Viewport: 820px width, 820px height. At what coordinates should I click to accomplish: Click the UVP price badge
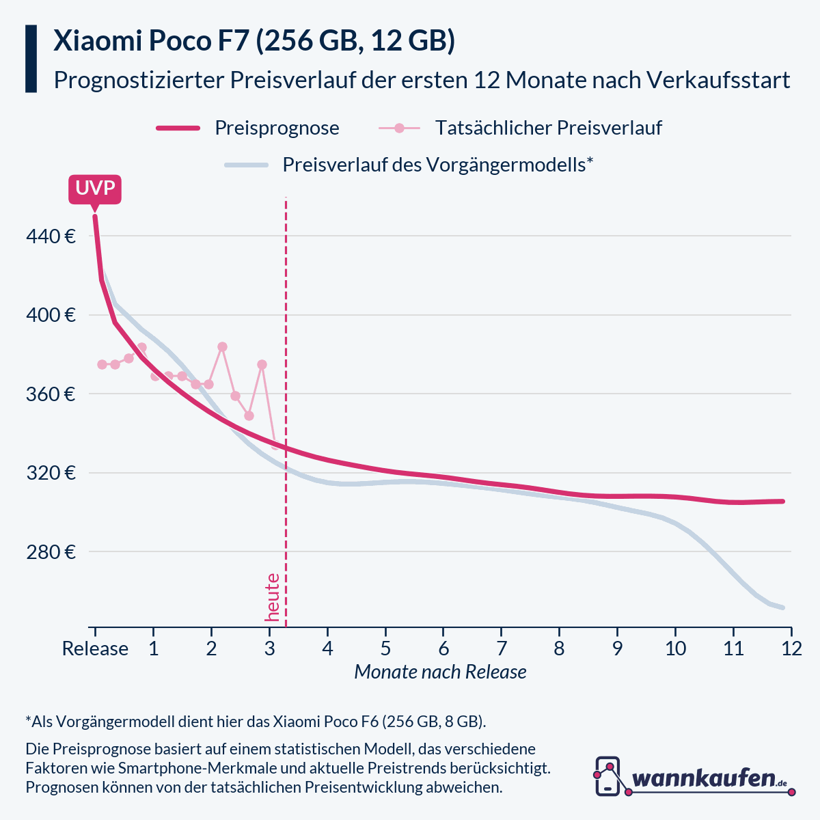click(x=95, y=188)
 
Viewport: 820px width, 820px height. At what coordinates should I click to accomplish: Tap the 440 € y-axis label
click(x=51, y=236)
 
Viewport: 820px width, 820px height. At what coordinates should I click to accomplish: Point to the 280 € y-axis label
click(x=51, y=551)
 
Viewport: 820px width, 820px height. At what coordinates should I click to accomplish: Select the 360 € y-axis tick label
click(x=51, y=394)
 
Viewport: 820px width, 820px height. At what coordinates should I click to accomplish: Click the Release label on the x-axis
click(x=95, y=648)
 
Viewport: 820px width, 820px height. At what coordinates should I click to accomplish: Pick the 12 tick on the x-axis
click(x=791, y=648)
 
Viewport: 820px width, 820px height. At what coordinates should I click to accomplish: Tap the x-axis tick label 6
click(x=443, y=648)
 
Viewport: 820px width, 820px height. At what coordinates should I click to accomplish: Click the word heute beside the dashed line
click(x=272, y=597)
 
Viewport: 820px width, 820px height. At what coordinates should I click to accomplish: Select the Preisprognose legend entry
click(x=277, y=128)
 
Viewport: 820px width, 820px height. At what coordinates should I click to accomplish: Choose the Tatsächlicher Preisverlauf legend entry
click(x=548, y=128)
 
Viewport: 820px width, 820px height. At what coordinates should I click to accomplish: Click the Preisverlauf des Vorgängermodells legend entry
click(x=437, y=165)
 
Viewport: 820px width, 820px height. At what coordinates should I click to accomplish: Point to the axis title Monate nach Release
click(x=440, y=672)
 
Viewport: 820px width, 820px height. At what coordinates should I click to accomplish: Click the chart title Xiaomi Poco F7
click(x=254, y=41)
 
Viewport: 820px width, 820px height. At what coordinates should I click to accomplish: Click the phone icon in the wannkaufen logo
click(x=607, y=776)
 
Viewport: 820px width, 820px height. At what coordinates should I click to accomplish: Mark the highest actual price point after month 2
click(x=222, y=347)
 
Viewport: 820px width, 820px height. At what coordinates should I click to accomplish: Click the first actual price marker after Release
click(x=102, y=364)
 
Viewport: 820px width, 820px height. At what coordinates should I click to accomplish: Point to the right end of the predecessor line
click(x=782, y=607)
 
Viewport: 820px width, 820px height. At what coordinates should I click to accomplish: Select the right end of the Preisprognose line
click(x=782, y=502)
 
